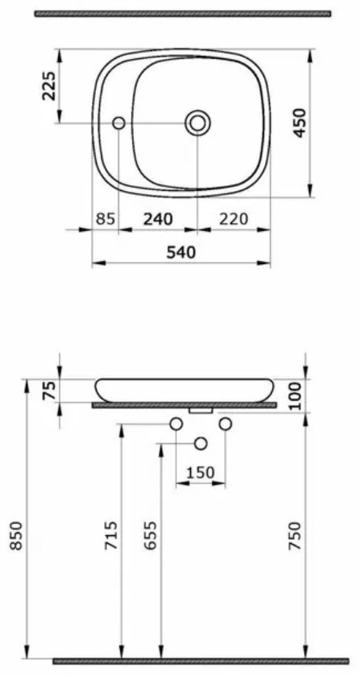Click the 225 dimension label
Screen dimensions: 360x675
click(x=49, y=86)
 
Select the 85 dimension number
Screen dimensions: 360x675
click(x=105, y=219)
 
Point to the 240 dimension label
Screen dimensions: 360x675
click(x=158, y=219)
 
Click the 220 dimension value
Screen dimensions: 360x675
click(x=233, y=219)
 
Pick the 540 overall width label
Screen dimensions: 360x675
click(x=182, y=253)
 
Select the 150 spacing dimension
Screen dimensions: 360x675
click(x=200, y=473)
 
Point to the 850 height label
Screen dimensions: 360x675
click(x=17, y=536)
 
